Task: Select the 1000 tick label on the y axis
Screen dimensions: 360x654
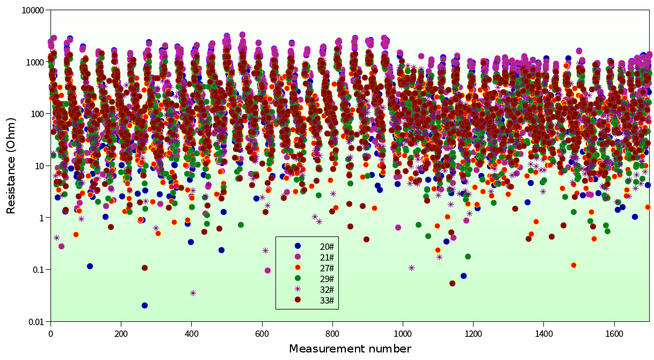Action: coord(34,62)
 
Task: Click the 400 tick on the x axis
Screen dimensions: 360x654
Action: coord(192,333)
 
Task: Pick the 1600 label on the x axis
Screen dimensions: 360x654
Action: coord(614,333)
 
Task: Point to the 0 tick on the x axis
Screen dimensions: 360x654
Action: coord(50,333)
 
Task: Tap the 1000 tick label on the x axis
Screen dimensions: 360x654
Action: coord(403,333)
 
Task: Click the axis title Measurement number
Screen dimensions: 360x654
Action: coord(350,349)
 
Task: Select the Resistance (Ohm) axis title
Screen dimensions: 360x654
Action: coord(11,165)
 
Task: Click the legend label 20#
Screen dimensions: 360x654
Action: coord(327,246)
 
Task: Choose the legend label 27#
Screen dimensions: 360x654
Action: coord(327,268)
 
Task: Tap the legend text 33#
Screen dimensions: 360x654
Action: coord(327,300)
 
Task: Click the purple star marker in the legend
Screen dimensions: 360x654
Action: coord(297,289)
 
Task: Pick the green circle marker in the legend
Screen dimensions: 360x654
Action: coord(297,278)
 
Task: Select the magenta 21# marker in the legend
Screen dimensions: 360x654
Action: coord(297,257)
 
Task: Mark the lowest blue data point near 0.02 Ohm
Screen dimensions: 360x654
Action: coord(144,305)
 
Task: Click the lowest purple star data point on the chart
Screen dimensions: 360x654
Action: coord(193,293)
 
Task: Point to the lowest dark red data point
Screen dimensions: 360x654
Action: coord(452,283)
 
